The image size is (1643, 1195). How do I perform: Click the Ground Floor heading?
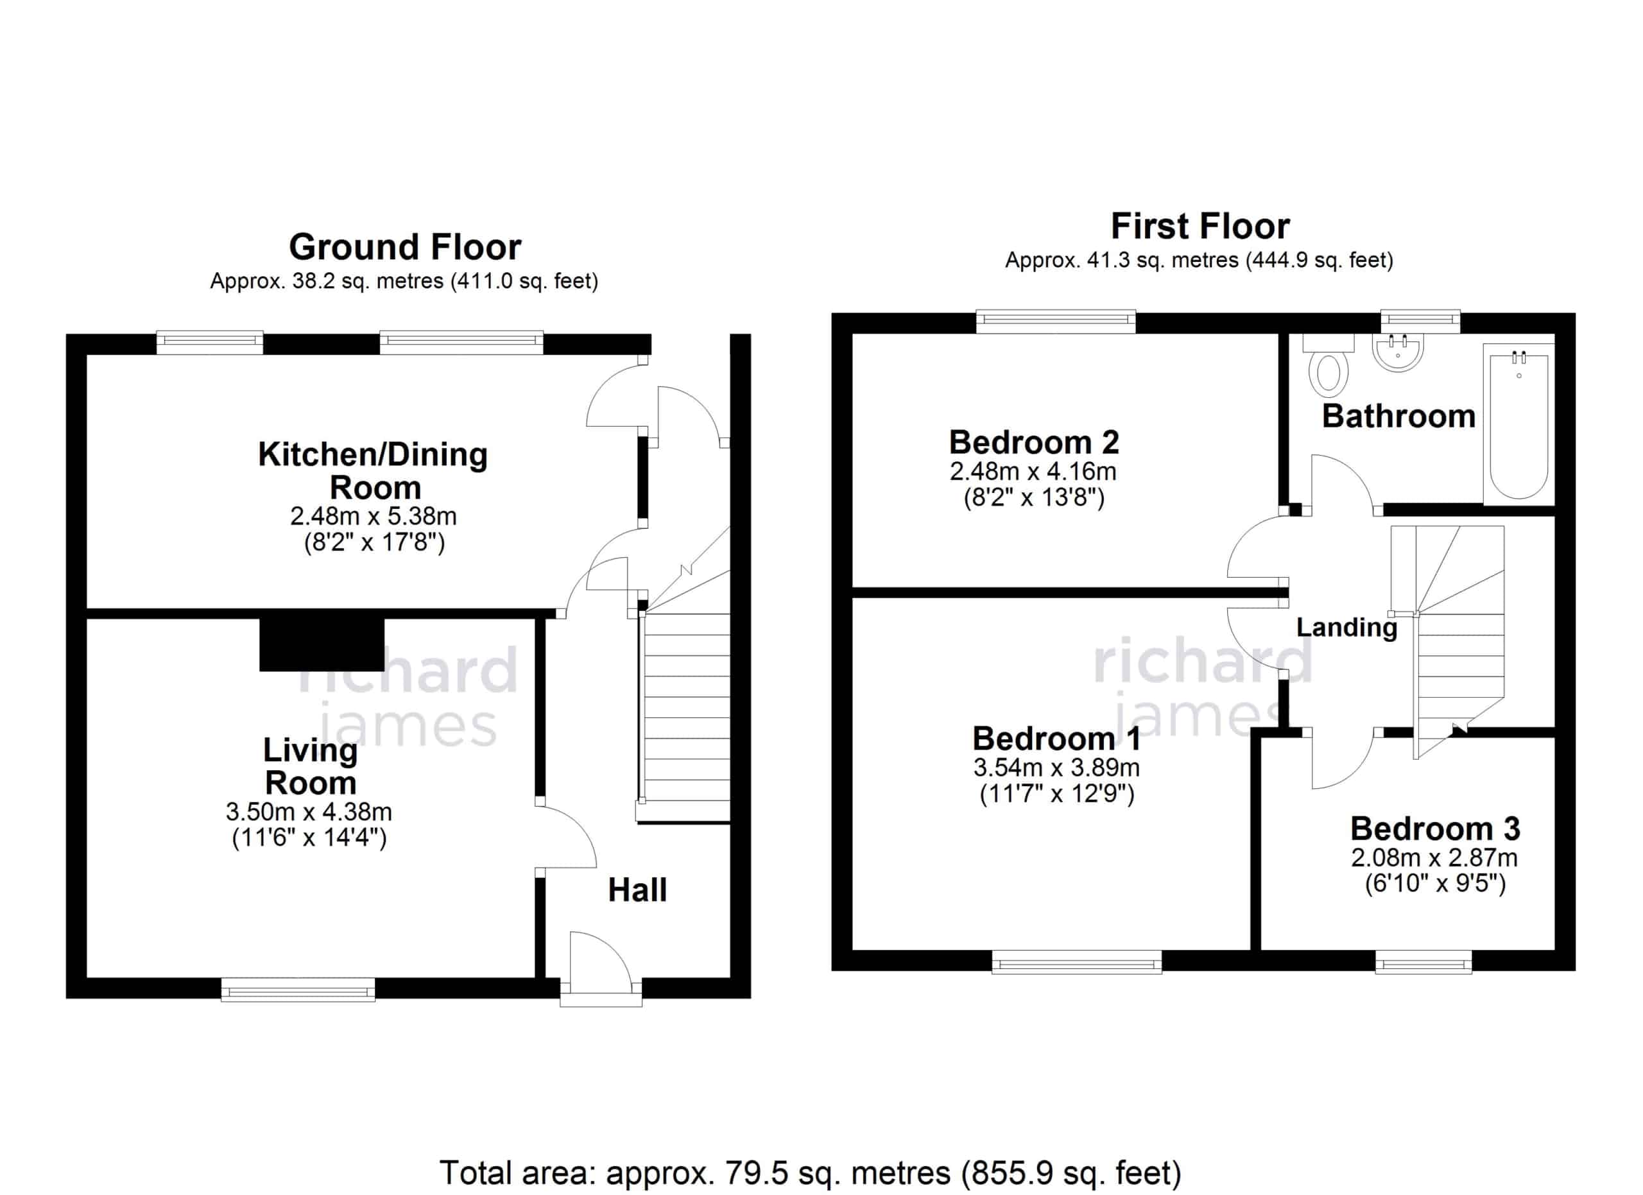tap(405, 248)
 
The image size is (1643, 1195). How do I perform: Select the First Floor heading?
tap(1200, 227)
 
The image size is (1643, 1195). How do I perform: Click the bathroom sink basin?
tap(1397, 353)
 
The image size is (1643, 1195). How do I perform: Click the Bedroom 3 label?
tap(1435, 829)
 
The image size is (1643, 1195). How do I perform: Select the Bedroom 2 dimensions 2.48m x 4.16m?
tap(1033, 472)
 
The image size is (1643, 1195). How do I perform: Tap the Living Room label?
tap(311, 766)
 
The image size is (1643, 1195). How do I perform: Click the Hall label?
tap(637, 891)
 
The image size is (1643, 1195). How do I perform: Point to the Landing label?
tap(1346, 627)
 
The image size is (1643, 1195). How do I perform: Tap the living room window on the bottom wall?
tap(298, 990)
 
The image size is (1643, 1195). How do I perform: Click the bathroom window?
tap(1420, 321)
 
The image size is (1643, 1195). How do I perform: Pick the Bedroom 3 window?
tap(1424, 962)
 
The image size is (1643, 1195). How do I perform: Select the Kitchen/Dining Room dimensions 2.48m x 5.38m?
tap(374, 517)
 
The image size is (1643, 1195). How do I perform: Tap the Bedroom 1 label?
tap(1057, 739)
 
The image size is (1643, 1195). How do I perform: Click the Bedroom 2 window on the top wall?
tap(1056, 322)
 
